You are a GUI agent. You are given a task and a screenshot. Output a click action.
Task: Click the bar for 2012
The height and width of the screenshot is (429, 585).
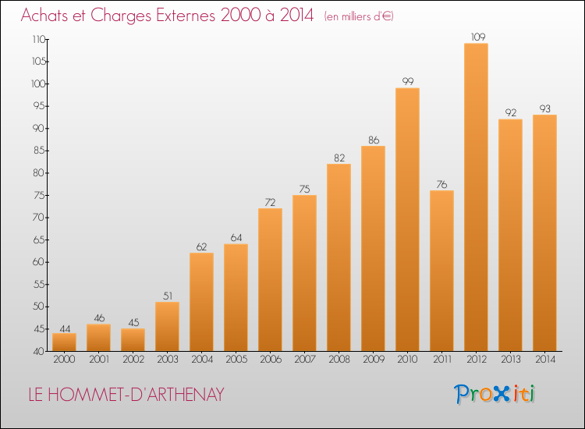[476, 197]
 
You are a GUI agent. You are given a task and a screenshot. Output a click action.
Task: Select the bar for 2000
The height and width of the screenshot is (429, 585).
[64, 342]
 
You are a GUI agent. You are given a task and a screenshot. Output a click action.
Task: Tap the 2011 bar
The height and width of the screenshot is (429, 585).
[441, 271]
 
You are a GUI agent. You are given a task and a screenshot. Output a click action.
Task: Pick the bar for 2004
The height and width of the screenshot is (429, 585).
[201, 302]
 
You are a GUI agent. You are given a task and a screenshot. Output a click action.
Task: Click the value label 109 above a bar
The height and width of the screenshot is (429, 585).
[478, 37]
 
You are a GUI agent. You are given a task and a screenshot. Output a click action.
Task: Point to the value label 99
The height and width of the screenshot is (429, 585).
[408, 81]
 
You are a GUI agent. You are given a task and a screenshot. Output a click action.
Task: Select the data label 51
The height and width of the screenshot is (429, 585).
[168, 296]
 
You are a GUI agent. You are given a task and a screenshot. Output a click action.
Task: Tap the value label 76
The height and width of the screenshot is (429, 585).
[441, 184]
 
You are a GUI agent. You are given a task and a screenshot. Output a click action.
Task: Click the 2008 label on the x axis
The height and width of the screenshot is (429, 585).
[339, 360]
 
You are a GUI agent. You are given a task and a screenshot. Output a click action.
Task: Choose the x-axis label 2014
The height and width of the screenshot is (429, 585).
[545, 360]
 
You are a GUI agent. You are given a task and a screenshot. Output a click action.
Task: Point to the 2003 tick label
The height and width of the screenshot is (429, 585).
[168, 360]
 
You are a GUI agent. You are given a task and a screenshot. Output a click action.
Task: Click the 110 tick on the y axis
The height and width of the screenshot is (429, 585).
[39, 39]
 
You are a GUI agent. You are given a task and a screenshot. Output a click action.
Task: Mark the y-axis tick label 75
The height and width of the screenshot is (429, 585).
[39, 195]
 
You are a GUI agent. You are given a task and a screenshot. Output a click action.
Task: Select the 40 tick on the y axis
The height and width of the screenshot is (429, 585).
[39, 352]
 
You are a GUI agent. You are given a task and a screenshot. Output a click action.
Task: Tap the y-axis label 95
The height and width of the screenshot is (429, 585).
[39, 106]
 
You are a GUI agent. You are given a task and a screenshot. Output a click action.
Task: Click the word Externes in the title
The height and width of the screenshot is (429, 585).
[186, 16]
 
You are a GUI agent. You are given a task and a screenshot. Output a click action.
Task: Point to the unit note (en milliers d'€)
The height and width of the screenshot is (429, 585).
[359, 16]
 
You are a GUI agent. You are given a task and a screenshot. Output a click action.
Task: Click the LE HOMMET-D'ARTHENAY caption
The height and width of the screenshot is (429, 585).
[126, 395]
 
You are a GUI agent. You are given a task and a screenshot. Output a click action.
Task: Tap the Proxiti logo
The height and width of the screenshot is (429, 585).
[495, 395]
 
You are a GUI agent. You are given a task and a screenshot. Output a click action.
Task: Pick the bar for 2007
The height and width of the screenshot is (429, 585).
[304, 273]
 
